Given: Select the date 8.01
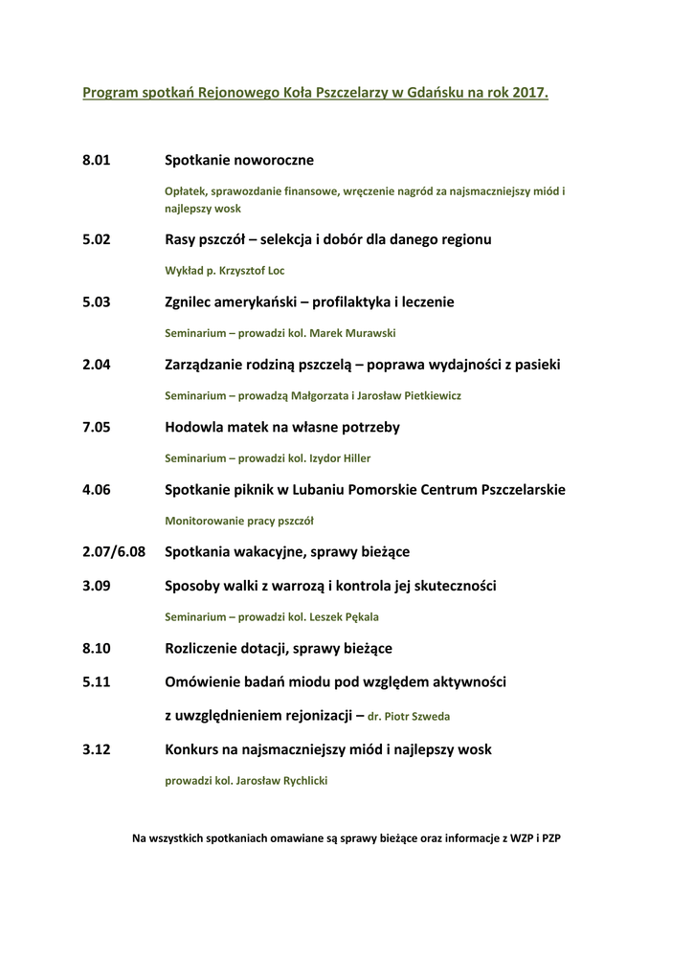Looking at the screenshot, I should point(97,160).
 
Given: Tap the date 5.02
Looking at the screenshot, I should point(97,239).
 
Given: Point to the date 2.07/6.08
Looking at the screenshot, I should point(114,552).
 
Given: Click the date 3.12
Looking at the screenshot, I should point(97,749).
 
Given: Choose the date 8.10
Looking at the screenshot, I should point(97,648).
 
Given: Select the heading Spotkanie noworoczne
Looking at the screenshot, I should point(239,160).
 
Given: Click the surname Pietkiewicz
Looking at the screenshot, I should point(424,396).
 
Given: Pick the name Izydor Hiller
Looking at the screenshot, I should point(340,458).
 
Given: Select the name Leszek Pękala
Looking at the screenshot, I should point(344,617).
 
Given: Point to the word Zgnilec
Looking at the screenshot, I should point(191,301).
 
